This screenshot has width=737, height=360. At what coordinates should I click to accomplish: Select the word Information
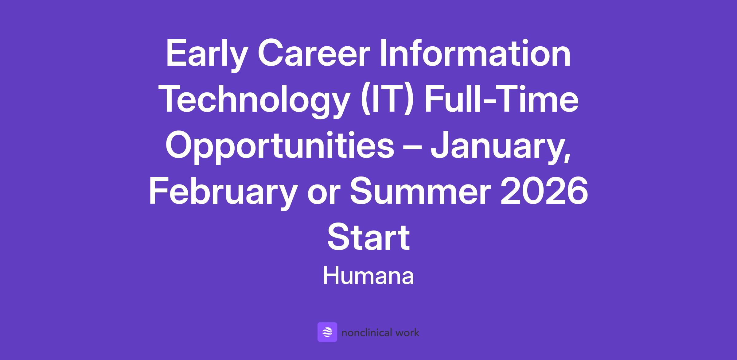point(475,53)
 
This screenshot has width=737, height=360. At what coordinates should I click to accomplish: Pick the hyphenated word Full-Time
point(500,99)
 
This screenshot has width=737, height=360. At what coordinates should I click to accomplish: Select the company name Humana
point(368,276)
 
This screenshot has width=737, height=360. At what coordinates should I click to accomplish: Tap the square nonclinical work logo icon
point(327,332)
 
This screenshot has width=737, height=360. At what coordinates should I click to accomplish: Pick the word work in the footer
point(407,332)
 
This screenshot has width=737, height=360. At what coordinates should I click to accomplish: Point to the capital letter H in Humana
point(330,276)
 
